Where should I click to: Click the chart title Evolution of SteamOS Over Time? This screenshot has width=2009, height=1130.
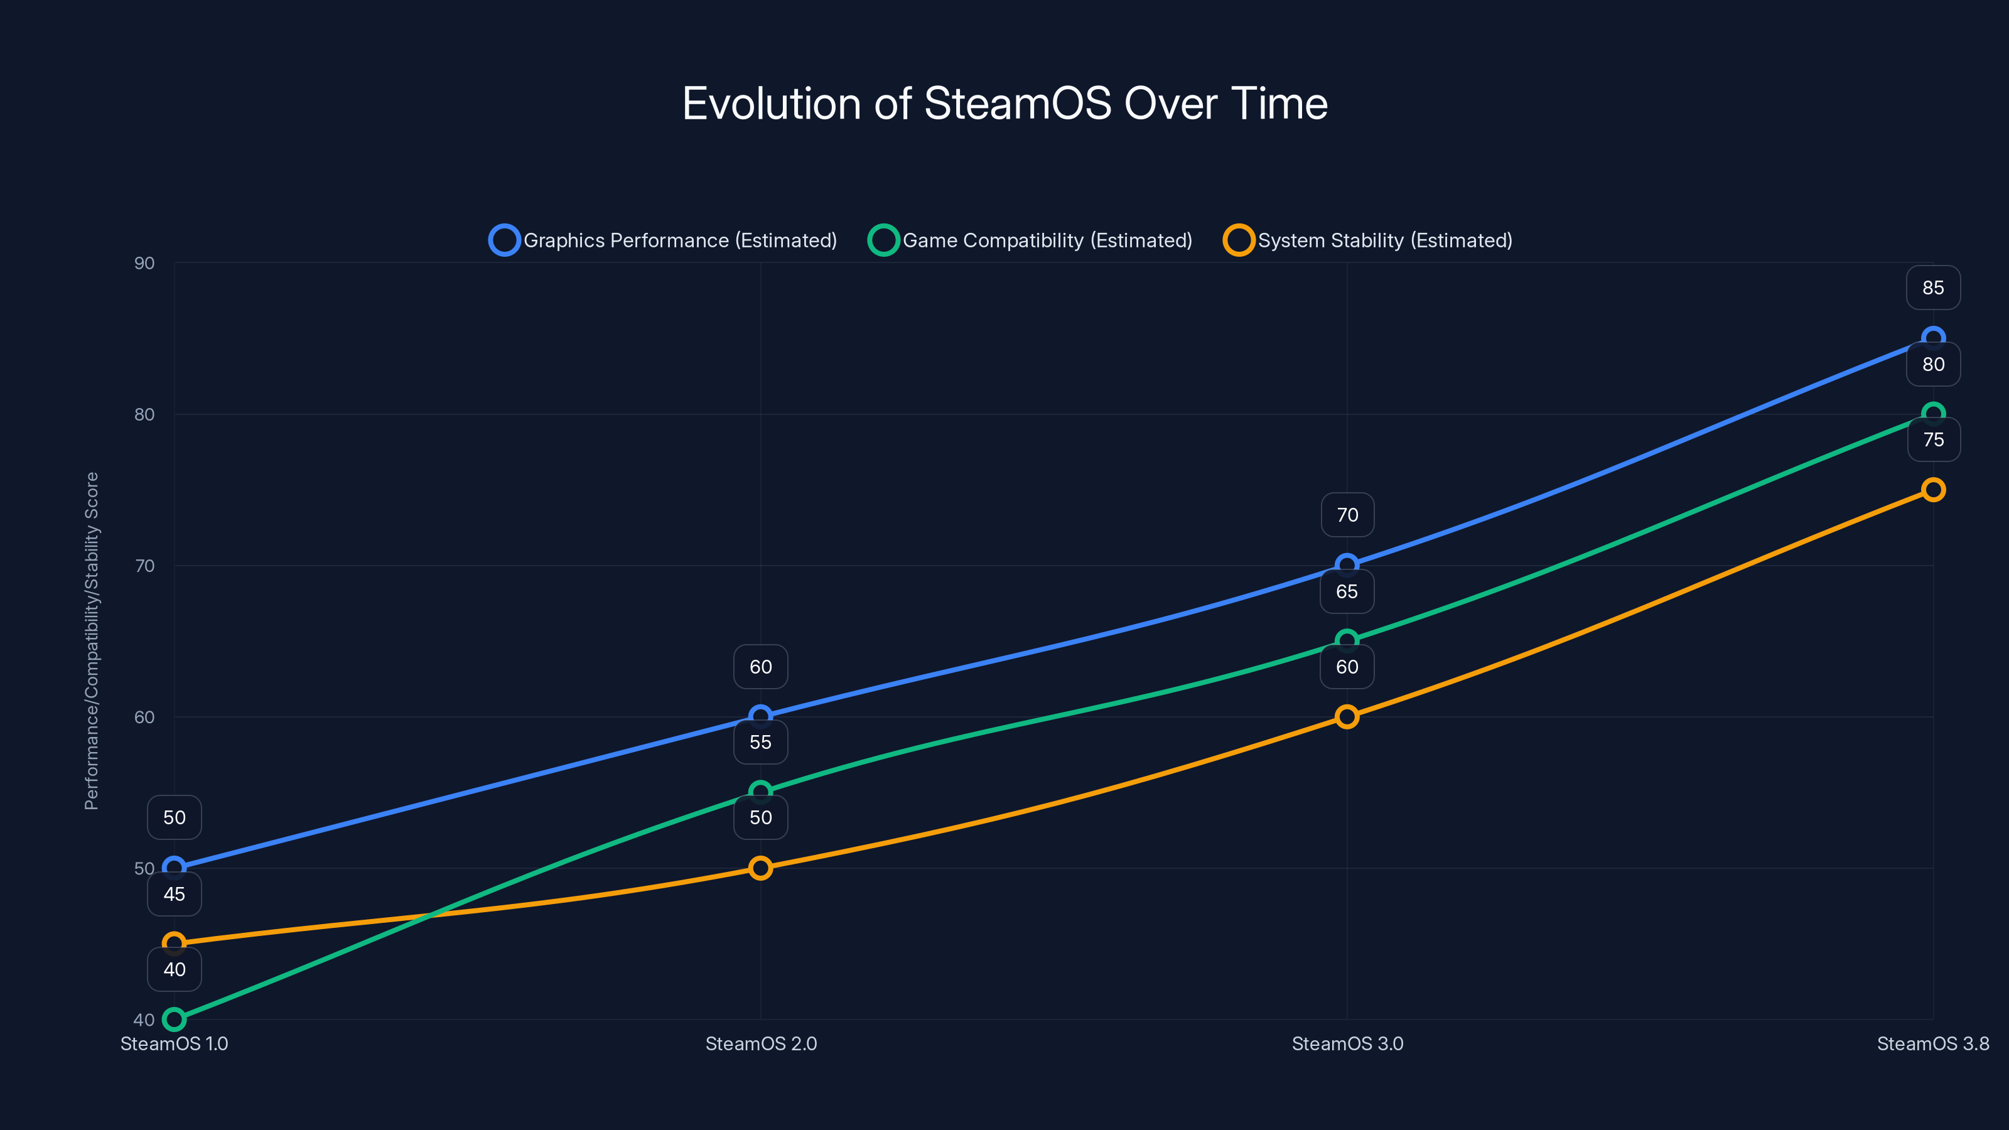click(x=1004, y=104)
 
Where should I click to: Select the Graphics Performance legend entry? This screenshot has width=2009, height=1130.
click(x=663, y=240)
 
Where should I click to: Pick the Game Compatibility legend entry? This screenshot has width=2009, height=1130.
click(x=1030, y=240)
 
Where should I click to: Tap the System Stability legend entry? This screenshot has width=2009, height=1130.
click(x=1368, y=240)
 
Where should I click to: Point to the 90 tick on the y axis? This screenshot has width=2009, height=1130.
click(x=144, y=263)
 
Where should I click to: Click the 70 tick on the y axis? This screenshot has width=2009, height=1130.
click(x=144, y=566)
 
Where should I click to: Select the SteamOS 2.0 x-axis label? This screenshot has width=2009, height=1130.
click(x=760, y=1043)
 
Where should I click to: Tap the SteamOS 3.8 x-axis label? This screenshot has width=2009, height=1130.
click(x=1932, y=1043)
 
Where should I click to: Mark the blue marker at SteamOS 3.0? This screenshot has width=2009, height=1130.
click(x=1347, y=564)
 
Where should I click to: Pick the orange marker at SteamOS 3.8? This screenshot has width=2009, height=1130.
click(x=1932, y=490)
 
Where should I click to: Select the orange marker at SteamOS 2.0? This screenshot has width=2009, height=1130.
click(x=760, y=868)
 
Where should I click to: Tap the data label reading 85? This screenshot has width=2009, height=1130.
click(x=1932, y=288)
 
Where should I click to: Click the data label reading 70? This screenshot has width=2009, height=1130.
click(x=1347, y=515)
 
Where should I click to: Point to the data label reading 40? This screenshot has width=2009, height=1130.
click(x=174, y=969)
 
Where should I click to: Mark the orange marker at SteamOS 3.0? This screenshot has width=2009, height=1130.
click(x=1347, y=717)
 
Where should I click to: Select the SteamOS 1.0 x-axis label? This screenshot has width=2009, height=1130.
click(x=174, y=1043)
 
